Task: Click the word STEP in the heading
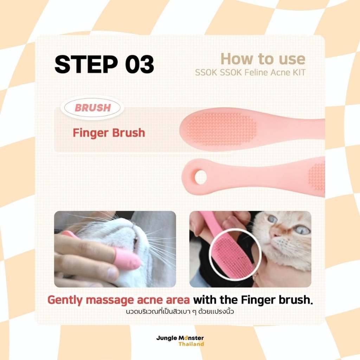click(86, 64)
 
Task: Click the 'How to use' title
click(263, 59)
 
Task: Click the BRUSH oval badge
click(92, 108)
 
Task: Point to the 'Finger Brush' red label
click(109, 133)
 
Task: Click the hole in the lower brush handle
click(200, 177)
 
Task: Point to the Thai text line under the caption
click(180, 312)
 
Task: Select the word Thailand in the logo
click(191, 344)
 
